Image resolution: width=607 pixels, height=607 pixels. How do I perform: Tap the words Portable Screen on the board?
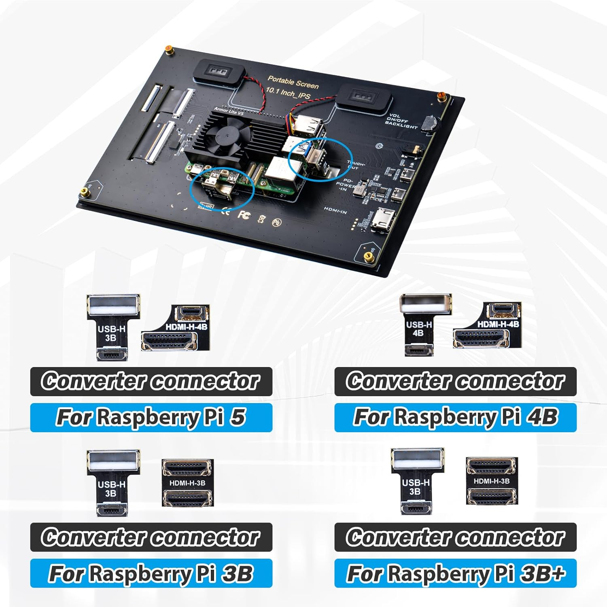tap(293, 83)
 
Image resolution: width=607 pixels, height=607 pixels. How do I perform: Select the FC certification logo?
tap(243, 214)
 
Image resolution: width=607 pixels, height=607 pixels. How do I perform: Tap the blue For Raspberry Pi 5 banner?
tap(151, 417)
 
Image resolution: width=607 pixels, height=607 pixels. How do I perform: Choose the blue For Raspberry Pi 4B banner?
tap(455, 417)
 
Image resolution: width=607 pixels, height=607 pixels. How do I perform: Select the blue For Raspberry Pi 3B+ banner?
tap(455, 573)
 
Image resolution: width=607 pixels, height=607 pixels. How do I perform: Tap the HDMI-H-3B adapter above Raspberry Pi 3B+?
tap(491, 481)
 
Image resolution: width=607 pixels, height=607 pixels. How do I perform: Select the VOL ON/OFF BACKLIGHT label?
tap(401, 121)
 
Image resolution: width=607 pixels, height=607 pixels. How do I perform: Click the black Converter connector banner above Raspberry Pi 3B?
tap(151, 537)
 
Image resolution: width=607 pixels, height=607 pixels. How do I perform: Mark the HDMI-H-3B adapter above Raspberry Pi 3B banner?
tap(187, 482)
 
